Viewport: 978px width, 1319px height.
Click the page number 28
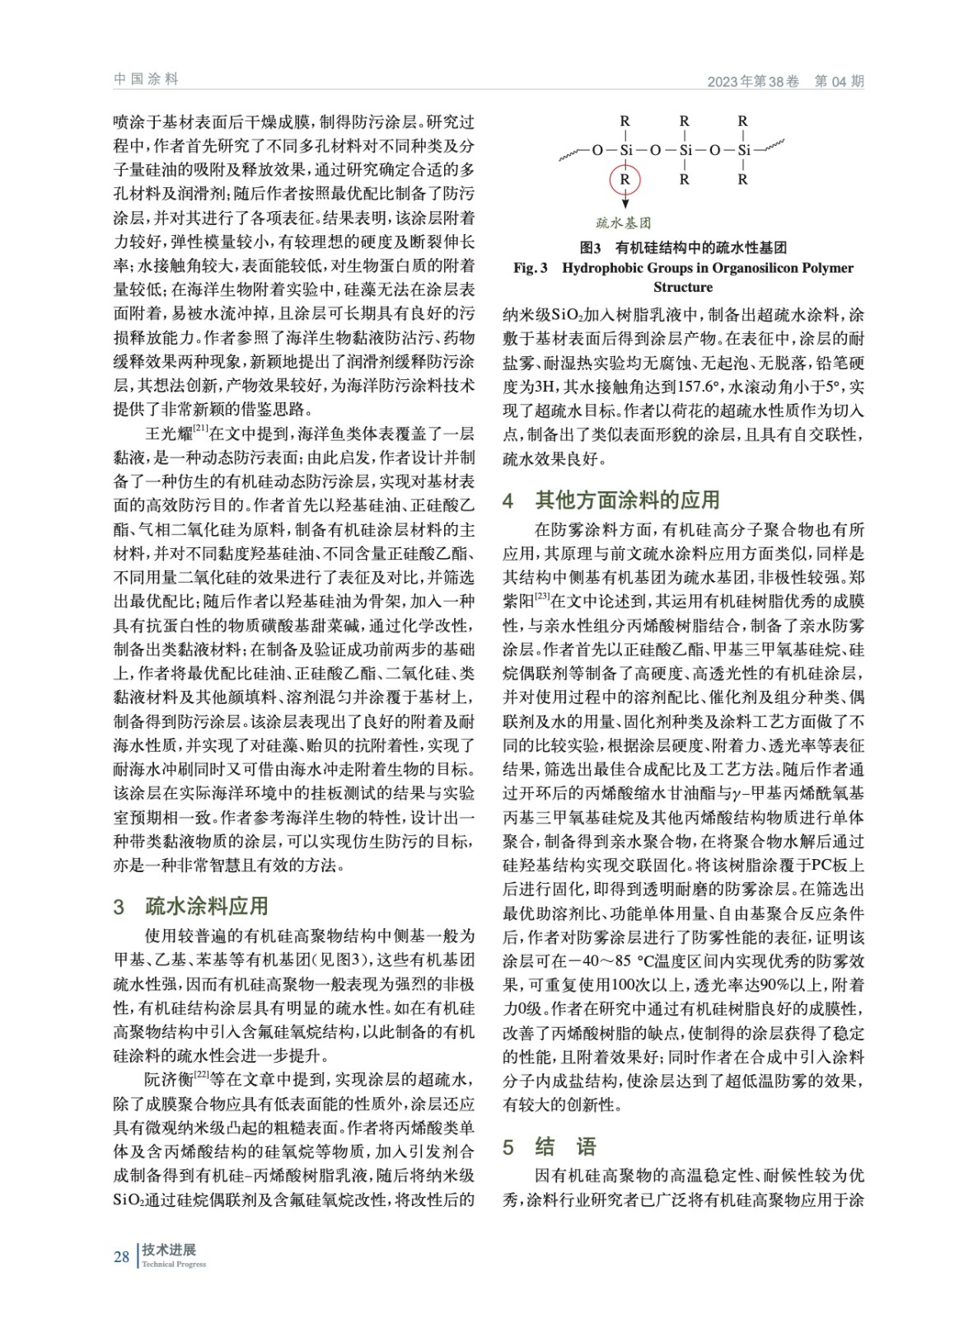coord(122,1256)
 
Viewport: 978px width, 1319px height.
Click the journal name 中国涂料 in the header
coord(146,79)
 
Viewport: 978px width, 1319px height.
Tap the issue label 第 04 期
coord(839,82)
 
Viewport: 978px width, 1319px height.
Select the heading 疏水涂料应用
coord(207,906)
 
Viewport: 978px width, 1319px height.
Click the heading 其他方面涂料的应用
coord(627,500)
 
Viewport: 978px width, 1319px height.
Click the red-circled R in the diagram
coord(625,179)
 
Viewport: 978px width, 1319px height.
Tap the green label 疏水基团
coord(624,223)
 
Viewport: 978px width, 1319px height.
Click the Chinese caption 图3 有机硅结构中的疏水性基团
coord(683,248)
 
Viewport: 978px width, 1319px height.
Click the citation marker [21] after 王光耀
coord(200,428)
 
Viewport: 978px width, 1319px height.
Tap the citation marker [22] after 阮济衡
coord(201,1074)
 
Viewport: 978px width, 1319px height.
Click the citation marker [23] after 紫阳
coord(542,596)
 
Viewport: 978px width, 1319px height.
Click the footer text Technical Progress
coord(174,1265)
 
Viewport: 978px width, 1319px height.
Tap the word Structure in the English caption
coord(683,288)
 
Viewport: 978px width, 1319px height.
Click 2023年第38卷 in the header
coord(753,82)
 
